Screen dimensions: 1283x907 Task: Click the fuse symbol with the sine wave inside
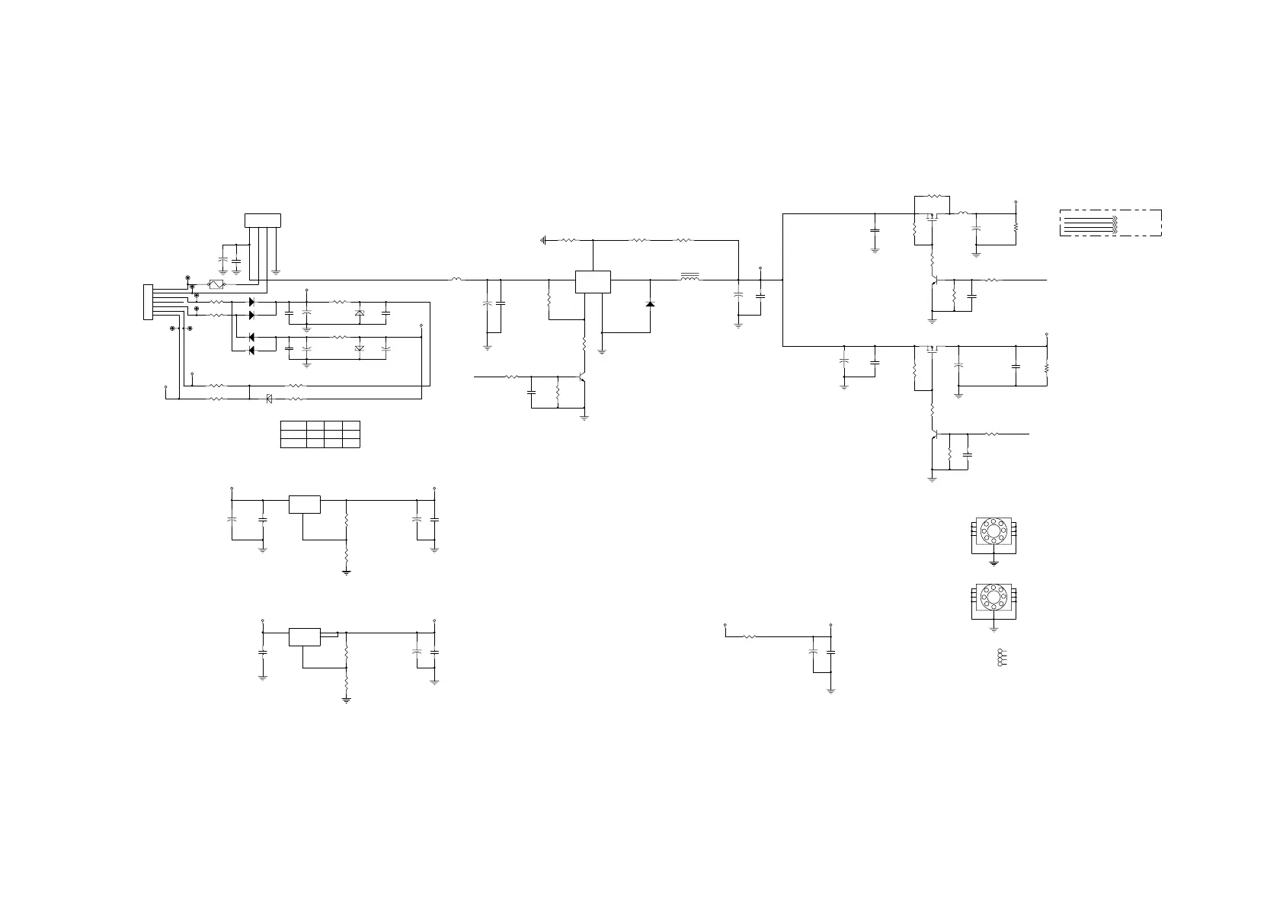coord(216,284)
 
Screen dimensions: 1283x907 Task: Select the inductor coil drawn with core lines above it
coord(689,278)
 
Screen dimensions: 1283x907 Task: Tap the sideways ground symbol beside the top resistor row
coord(543,240)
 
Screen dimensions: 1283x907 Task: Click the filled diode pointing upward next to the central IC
coord(650,304)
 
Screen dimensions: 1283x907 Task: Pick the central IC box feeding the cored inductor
coord(593,281)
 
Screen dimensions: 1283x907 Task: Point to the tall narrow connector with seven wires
coord(148,302)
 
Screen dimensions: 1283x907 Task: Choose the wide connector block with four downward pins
coord(262,220)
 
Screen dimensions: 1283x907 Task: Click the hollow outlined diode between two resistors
coord(269,398)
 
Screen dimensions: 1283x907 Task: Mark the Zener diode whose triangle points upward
coord(360,313)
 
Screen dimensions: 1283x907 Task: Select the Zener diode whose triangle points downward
coord(360,348)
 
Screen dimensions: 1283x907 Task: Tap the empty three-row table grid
coord(320,434)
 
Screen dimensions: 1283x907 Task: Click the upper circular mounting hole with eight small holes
coord(993,530)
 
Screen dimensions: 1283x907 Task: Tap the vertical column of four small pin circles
coord(998,659)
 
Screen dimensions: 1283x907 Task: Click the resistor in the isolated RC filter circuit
coord(749,636)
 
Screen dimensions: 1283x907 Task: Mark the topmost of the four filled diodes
coord(252,303)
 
